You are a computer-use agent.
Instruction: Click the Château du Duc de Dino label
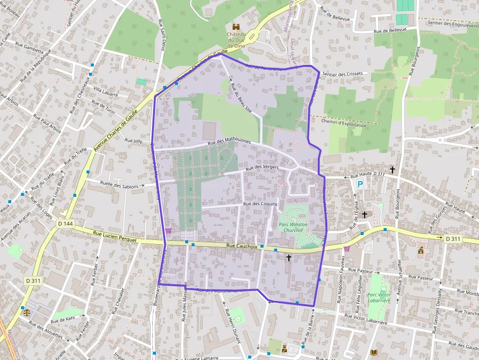[x=237, y=40]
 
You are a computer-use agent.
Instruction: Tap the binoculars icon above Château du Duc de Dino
[x=237, y=26]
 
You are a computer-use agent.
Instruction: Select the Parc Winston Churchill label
[x=291, y=227]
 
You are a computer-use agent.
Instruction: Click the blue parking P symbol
[x=360, y=184]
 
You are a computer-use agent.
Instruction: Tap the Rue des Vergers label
[x=262, y=168]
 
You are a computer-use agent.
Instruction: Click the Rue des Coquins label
[x=260, y=204]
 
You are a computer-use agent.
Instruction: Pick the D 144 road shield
[x=65, y=224]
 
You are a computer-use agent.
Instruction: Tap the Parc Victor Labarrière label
[x=379, y=297]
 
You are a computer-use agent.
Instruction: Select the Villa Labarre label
[x=106, y=91]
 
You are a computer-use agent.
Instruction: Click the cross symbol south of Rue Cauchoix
[x=288, y=257]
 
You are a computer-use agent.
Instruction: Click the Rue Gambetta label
[x=29, y=47]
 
